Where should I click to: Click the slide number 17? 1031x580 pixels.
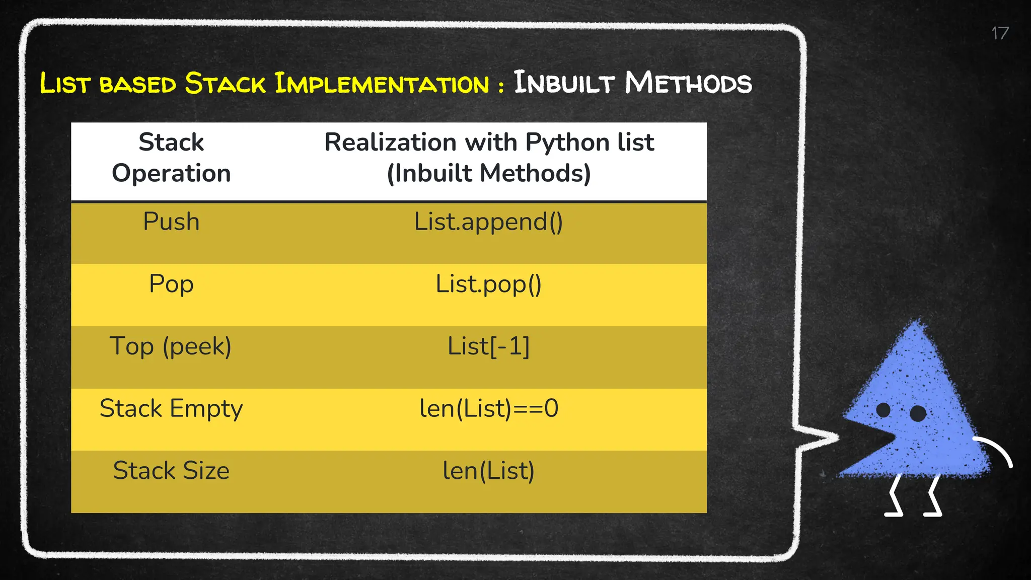[1000, 34]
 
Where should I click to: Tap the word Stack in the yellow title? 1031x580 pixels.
[225, 83]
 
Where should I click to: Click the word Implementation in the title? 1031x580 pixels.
[382, 83]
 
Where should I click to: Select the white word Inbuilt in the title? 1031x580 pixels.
[563, 83]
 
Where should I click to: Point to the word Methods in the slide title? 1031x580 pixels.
[688, 83]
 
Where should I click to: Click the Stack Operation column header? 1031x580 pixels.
[171, 158]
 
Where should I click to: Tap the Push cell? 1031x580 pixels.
[171, 222]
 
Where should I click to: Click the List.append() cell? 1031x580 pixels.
[488, 222]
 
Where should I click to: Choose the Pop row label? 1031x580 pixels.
[171, 284]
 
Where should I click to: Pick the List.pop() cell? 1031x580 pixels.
[488, 284]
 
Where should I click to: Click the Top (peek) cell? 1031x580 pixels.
[171, 347]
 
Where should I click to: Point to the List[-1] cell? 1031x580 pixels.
[488, 346]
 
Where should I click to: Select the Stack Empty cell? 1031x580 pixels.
[171, 409]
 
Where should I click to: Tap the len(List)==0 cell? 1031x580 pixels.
[489, 408]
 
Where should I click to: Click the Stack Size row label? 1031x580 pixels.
[171, 471]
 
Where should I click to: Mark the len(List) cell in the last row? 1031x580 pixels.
[488, 471]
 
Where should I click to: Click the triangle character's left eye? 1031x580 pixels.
[883, 410]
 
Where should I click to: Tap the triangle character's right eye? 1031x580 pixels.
[918, 413]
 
